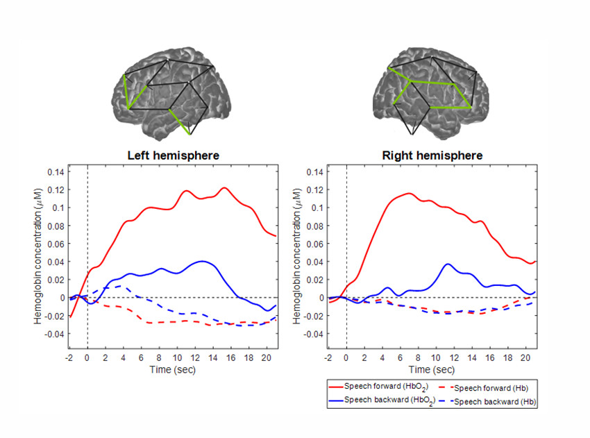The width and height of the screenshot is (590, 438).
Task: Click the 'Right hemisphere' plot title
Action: pyautogui.click(x=432, y=155)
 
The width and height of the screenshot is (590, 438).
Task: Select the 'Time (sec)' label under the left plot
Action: pyautogui.click(x=173, y=369)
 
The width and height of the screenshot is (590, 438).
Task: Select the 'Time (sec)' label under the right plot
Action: pyautogui.click(x=432, y=369)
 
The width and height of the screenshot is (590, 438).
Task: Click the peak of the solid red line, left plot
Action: pyautogui.click(x=224, y=187)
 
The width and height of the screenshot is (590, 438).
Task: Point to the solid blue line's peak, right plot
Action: pyautogui.click(x=448, y=264)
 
